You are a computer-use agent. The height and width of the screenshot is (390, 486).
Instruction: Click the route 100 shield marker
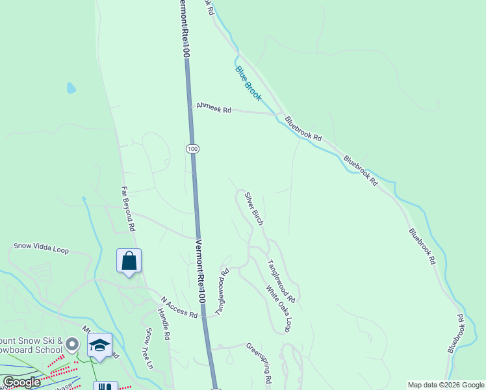click(x=192, y=149)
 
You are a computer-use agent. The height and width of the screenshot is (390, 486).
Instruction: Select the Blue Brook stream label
click(x=248, y=83)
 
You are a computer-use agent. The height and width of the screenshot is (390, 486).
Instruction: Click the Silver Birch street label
click(x=254, y=209)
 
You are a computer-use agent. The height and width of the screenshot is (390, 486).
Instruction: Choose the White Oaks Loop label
click(x=277, y=309)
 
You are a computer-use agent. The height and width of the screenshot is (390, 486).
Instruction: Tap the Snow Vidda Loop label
click(x=42, y=248)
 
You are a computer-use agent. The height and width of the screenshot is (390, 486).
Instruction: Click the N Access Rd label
click(x=179, y=307)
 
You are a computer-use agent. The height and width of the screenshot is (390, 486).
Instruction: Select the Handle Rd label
click(x=163, y=325)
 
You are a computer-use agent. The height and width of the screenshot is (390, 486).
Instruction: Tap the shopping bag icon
click(x=129, y=261)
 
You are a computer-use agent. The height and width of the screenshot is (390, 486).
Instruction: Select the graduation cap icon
click(x=100, y=345)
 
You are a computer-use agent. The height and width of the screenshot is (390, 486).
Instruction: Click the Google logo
click(x=22, y=382)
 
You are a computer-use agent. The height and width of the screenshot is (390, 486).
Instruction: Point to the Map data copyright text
click(x=446, y=385)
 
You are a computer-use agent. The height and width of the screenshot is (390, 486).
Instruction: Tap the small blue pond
click(x=71, y=88)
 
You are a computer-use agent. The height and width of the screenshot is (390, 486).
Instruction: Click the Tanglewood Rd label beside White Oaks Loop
click(x=282, y=281)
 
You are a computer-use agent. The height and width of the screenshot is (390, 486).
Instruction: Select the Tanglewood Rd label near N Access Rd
click(x=222, y=292)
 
